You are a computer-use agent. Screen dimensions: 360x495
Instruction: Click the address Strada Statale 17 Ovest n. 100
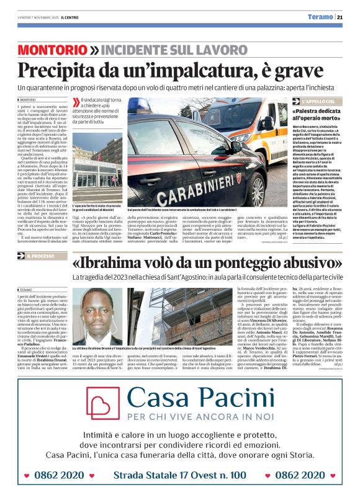(x=179, y=475)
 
